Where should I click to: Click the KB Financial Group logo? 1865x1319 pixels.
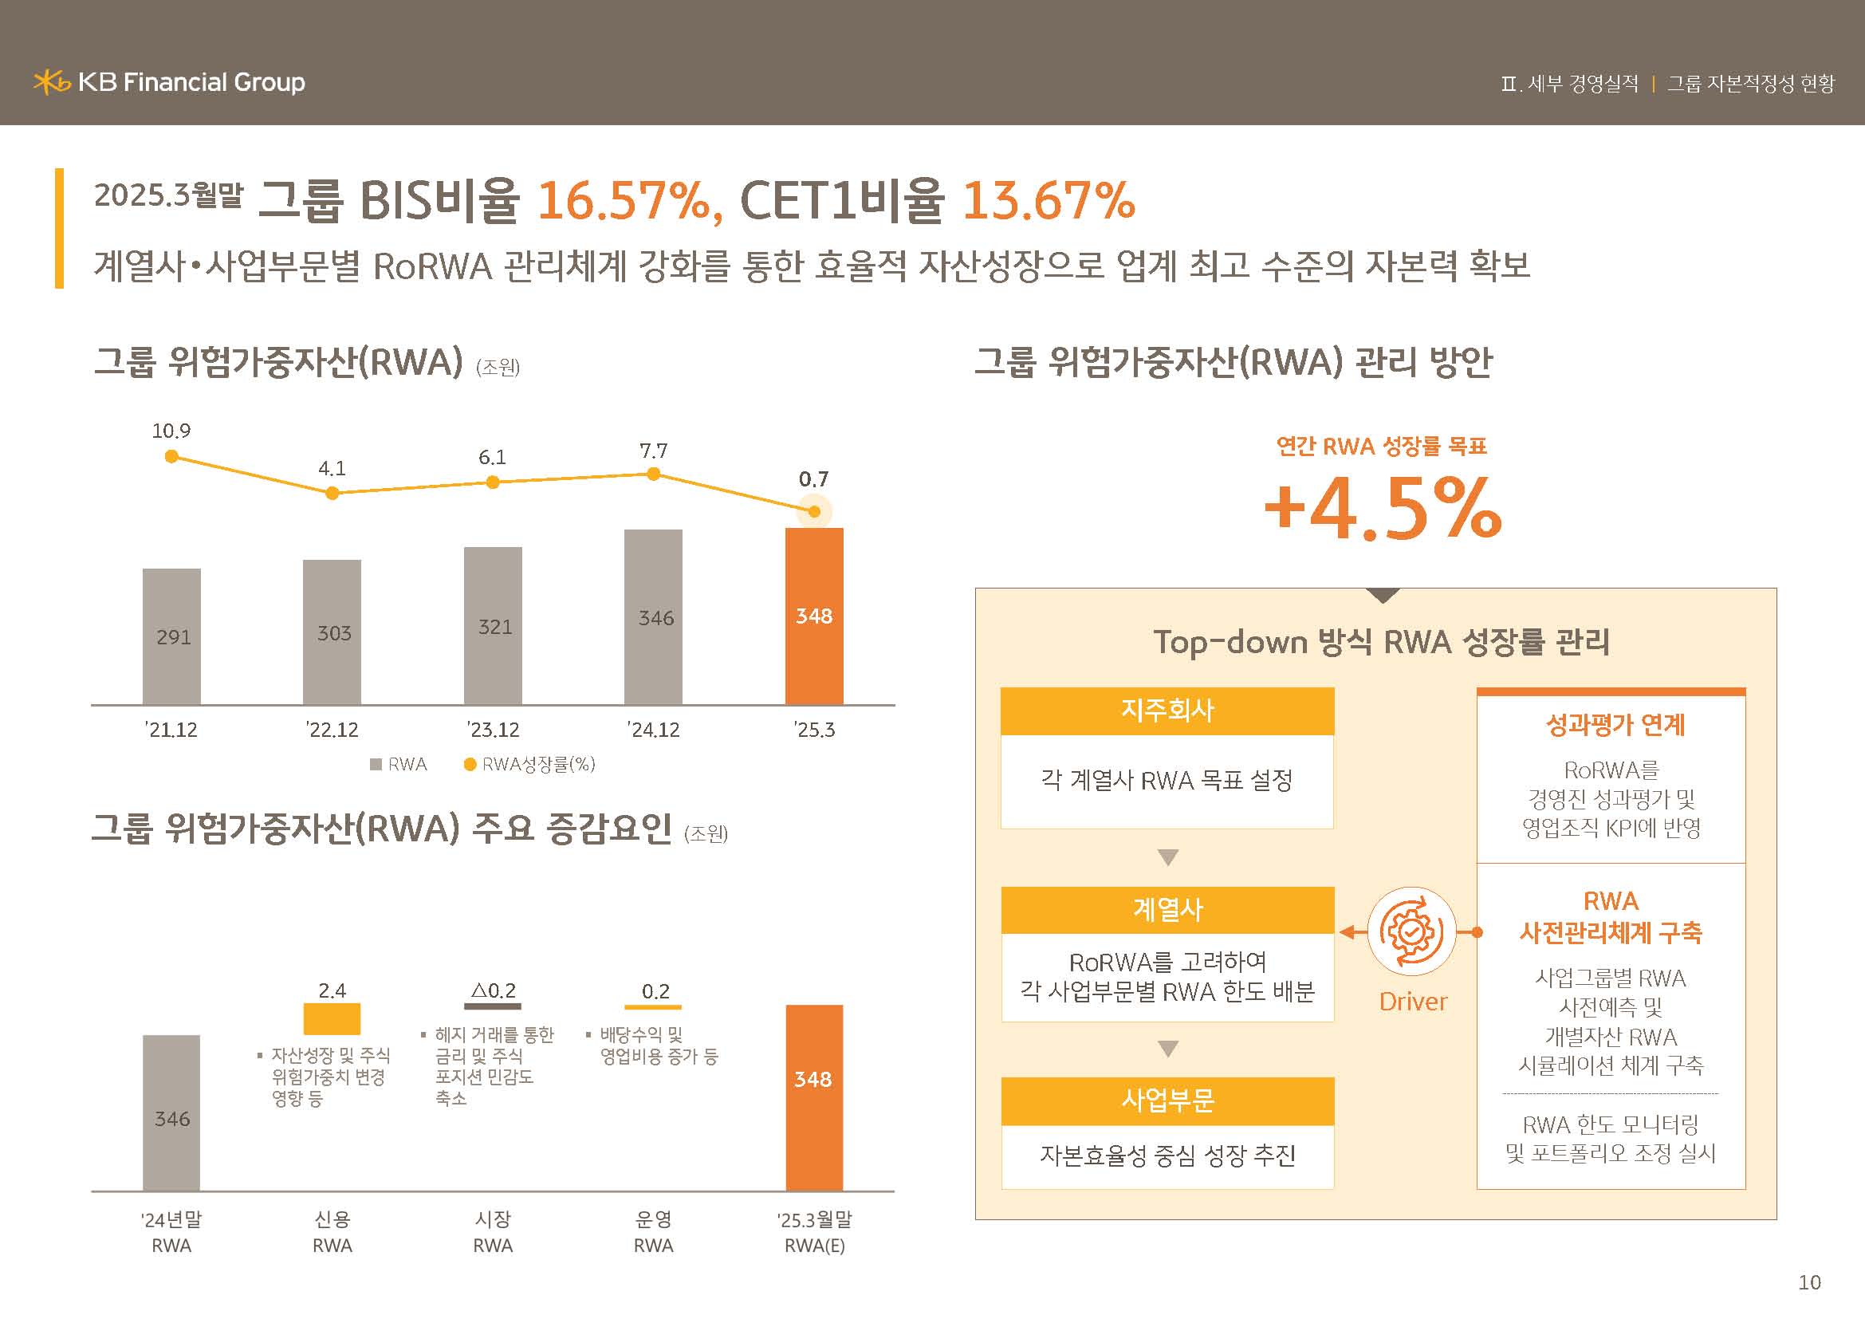[x=169, y=82]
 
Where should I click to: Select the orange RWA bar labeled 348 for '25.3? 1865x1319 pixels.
[x=814, y=616]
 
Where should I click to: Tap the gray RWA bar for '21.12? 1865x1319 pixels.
[x=171, y=636]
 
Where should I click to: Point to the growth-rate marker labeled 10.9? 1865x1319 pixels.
[x=171, y=456]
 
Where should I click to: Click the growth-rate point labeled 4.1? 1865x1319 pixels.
[x=332, y=493]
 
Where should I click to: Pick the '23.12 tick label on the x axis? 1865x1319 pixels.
[x=493, y=730]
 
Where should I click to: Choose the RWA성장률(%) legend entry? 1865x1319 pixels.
[x=529, y=764]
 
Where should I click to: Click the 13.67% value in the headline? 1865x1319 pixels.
[x=1048, y=200]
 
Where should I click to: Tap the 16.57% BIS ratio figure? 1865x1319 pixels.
[x=623, y=200]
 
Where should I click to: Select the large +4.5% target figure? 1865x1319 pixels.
[x=1383, y=509]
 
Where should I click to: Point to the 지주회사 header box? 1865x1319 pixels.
[x=1167, y=711]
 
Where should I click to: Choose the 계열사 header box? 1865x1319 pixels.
[x=1167, y=910]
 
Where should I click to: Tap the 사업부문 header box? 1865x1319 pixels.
[x=1167, y=1100]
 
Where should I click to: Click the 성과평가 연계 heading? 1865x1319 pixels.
[x=1615, y=724]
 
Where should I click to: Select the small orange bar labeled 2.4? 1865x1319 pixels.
[x=332, y=1018]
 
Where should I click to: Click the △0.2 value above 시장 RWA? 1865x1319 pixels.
[x=493, y=991]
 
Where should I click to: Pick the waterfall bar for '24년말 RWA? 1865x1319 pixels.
[x=171, y=1112]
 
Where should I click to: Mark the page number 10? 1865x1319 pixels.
[x=1809, y=1282]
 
